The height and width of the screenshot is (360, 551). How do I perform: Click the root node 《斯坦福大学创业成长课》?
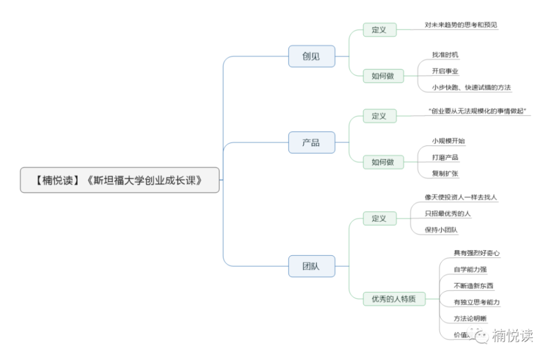tap(120, 180)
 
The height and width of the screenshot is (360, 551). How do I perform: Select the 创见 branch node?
tap(311, 56)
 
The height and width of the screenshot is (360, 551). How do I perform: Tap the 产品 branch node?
tap(311, 143)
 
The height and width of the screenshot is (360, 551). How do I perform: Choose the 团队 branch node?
tap(311, 266)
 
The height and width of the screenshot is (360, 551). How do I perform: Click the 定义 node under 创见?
tap(379, 30)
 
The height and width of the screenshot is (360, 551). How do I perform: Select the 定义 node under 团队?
tap(379, 219)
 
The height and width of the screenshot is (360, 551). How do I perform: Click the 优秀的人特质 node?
tap(393, 299)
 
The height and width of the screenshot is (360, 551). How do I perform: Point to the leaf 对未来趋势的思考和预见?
tap(461, 25)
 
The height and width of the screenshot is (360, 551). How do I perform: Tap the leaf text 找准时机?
tap(445, 55)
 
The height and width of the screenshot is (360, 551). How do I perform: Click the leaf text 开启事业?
tap(445, 71)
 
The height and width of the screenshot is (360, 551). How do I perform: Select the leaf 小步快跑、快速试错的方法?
tap(472, 87)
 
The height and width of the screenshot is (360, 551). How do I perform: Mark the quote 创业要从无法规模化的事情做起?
tap(478, 111)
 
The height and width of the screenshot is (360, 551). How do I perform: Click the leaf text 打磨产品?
tap(445, 157)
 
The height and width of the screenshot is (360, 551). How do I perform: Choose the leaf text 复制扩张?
tap(445, 174)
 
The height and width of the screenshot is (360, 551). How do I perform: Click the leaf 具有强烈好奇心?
tap(477, 253)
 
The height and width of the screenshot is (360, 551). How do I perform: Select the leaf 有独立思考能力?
tap(477, 302)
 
